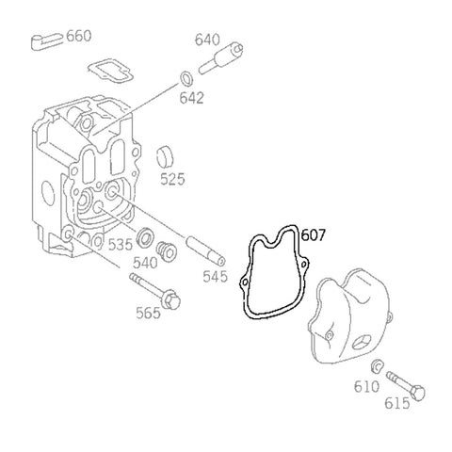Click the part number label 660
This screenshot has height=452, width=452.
(x=79, y=36)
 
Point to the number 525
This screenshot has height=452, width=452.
(x=172, y=178)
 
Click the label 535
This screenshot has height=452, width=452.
(x=120, y=245)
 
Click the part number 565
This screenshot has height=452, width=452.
(x=149, y=312)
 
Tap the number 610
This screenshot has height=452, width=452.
(x=366, y=386)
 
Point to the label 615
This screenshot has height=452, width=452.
(x=396, y=403)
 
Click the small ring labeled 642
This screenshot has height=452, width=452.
(x=186, y=76)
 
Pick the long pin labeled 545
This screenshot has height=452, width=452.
(x=204, y=250)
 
